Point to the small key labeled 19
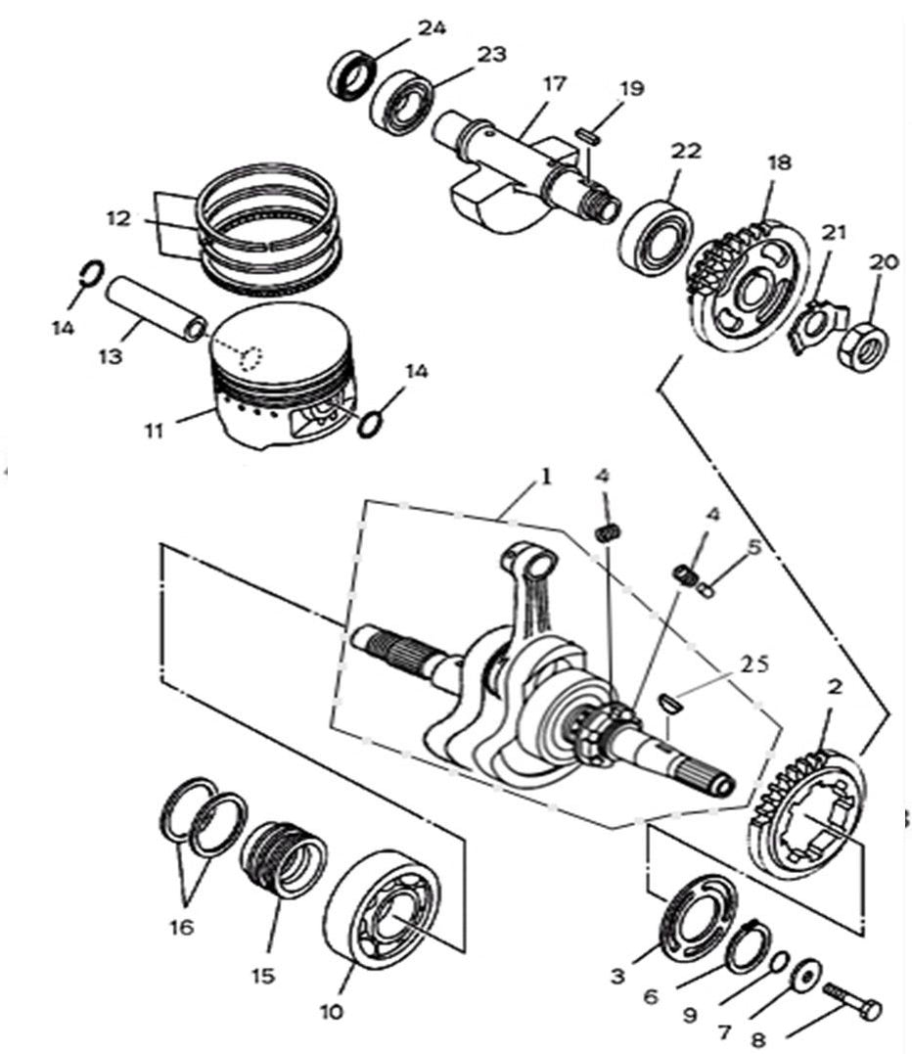tap(588, 134)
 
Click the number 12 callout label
tap(118, 219)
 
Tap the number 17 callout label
tap(554, 84)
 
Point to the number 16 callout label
tap(183, 926)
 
